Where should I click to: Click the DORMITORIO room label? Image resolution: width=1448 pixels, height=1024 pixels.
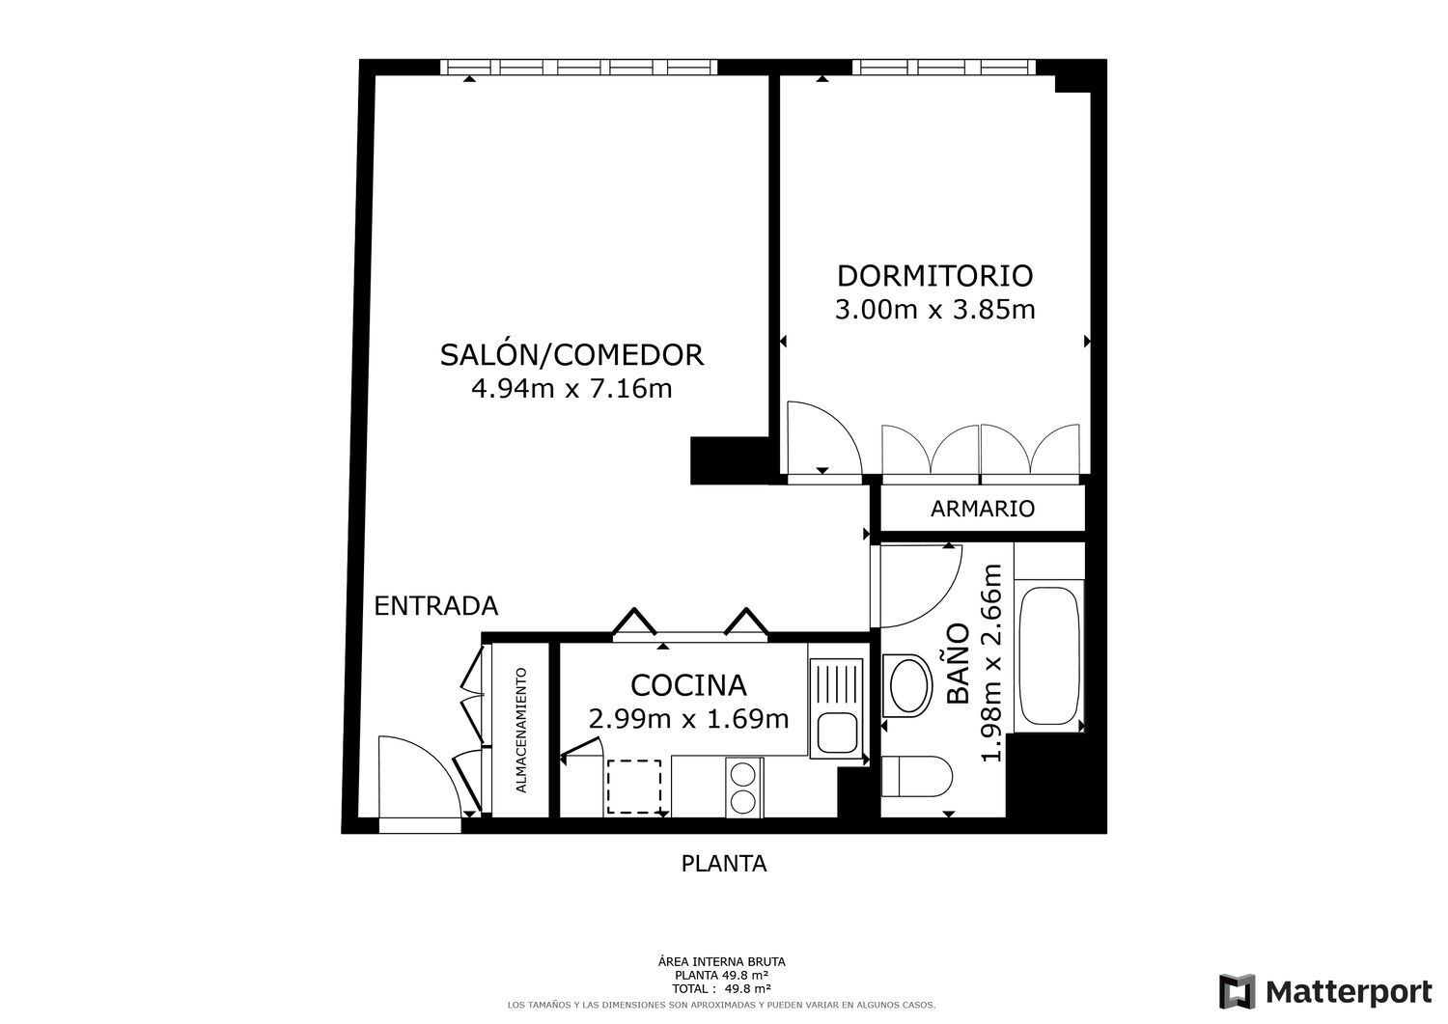(x=934, y=276)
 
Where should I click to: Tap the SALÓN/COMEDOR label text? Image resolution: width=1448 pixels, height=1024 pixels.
(x=572, y=355)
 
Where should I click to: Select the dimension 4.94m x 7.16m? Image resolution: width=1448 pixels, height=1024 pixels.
(x=572, y=389)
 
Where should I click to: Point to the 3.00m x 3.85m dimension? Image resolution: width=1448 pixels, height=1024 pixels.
(x=934, y=310)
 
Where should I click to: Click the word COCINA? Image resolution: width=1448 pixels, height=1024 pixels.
(x=688, y=686)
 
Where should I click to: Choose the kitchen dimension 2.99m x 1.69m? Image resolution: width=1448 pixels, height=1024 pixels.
(x=688, y=719)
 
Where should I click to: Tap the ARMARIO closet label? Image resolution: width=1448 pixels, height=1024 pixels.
(x=983, y=509)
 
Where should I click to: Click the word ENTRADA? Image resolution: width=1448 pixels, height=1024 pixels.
(x=436, y=606)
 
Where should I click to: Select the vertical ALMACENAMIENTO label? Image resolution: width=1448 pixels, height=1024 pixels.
(x=521, y=731)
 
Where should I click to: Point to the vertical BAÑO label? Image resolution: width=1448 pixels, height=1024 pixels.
(x=958, y=663)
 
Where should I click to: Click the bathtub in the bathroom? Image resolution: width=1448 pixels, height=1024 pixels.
(x=1049, y=656)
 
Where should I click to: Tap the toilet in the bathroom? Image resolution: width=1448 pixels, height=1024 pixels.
(x=917, y=776)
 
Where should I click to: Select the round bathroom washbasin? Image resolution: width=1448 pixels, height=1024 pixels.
(x=907, y=685)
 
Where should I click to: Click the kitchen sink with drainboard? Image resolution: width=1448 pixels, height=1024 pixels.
(x=837, y=708)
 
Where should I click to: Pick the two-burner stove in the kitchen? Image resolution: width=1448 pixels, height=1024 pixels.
(x=744, y=788)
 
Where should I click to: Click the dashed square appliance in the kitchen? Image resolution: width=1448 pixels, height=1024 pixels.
(x=633, y=787)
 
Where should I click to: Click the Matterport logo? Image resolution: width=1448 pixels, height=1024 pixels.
(x=1325, y=991)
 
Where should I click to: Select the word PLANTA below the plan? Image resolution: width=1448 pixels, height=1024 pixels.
(x=724, y=864)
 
